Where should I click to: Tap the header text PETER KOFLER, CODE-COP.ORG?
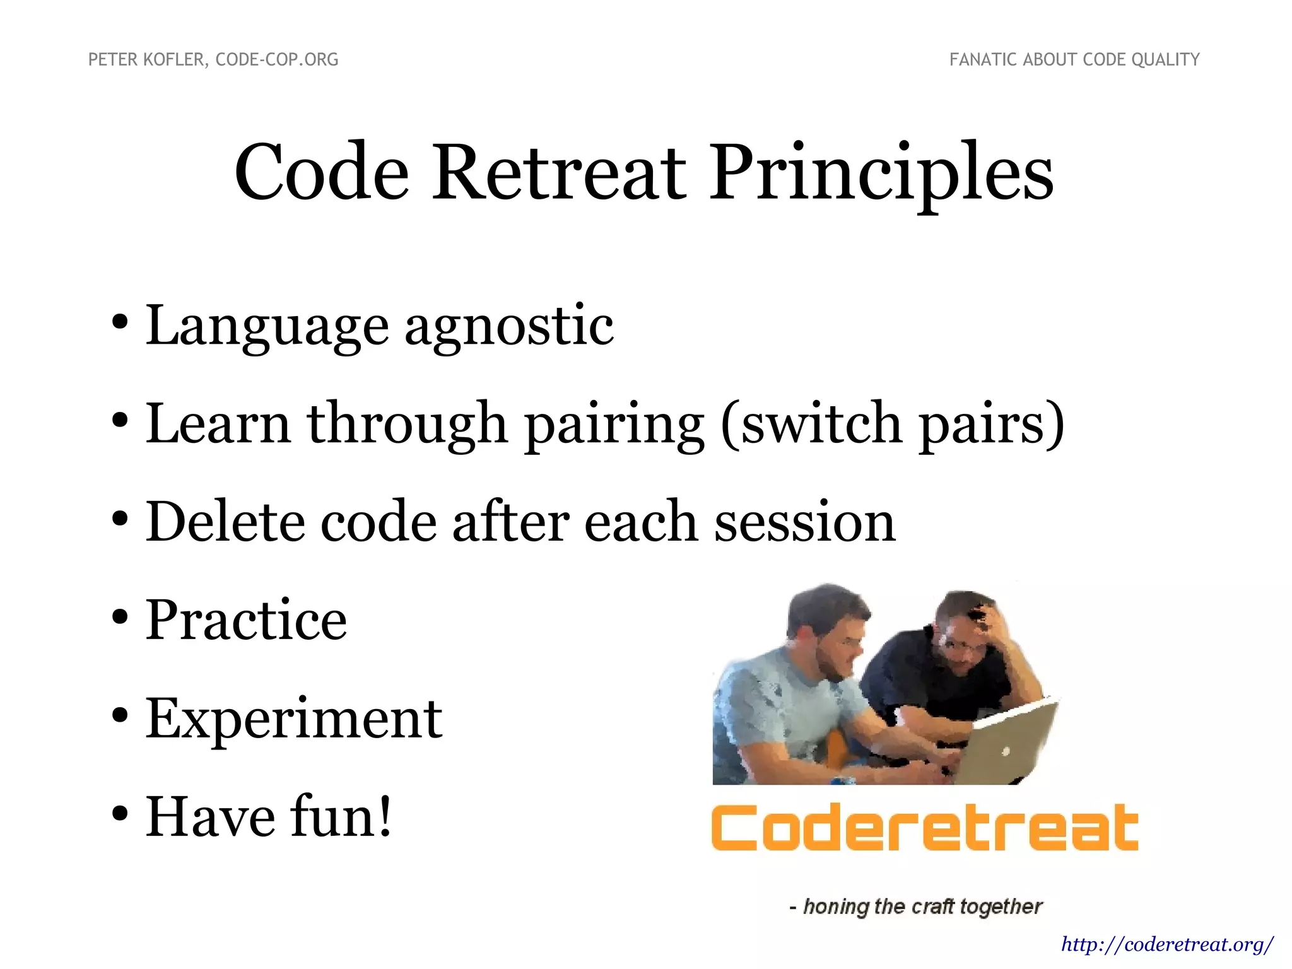click(213, 60)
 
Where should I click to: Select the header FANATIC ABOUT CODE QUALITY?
click(1074, 60)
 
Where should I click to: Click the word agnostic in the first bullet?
click(508, 328)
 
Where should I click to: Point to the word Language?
click(267, 328)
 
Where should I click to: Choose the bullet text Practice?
click(246, 620)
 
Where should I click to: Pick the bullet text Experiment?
click(294, 719)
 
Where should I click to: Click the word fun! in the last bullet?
click(341, 817)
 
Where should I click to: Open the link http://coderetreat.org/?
click(1167, 944)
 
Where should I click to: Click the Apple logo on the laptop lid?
click(1006, 751)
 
